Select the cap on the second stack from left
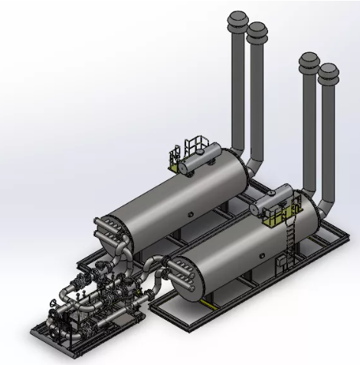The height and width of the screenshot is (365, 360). coord(257,31)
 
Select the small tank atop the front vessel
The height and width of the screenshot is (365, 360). coord(273,201)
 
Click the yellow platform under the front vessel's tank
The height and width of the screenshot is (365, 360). coord(272,219)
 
